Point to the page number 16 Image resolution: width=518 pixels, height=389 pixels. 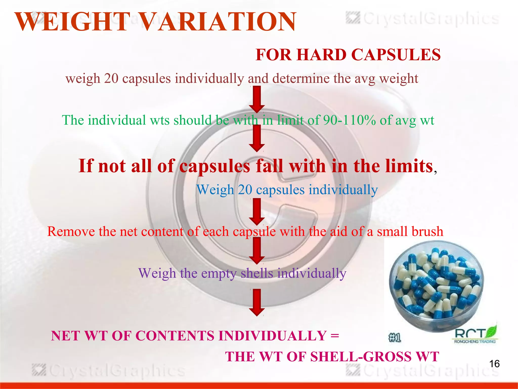pos(494,364)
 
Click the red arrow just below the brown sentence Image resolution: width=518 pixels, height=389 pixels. pos(257,99)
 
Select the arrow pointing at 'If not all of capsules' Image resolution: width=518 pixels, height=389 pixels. pos(257,138)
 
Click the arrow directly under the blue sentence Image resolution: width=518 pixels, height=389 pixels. pos(257,212)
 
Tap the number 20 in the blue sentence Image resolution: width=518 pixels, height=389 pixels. pos(245,190)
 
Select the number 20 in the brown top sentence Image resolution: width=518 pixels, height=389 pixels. pos(111,78)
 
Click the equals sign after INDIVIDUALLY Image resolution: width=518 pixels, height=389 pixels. pos(335,336)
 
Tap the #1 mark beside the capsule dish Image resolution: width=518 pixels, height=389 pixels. pos(395,338)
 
